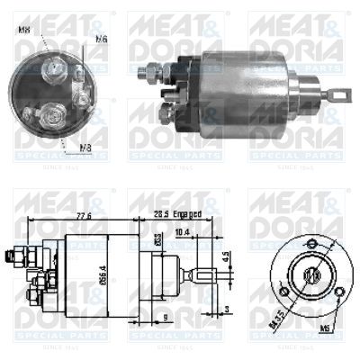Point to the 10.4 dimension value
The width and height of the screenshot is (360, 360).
pos(182,232)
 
